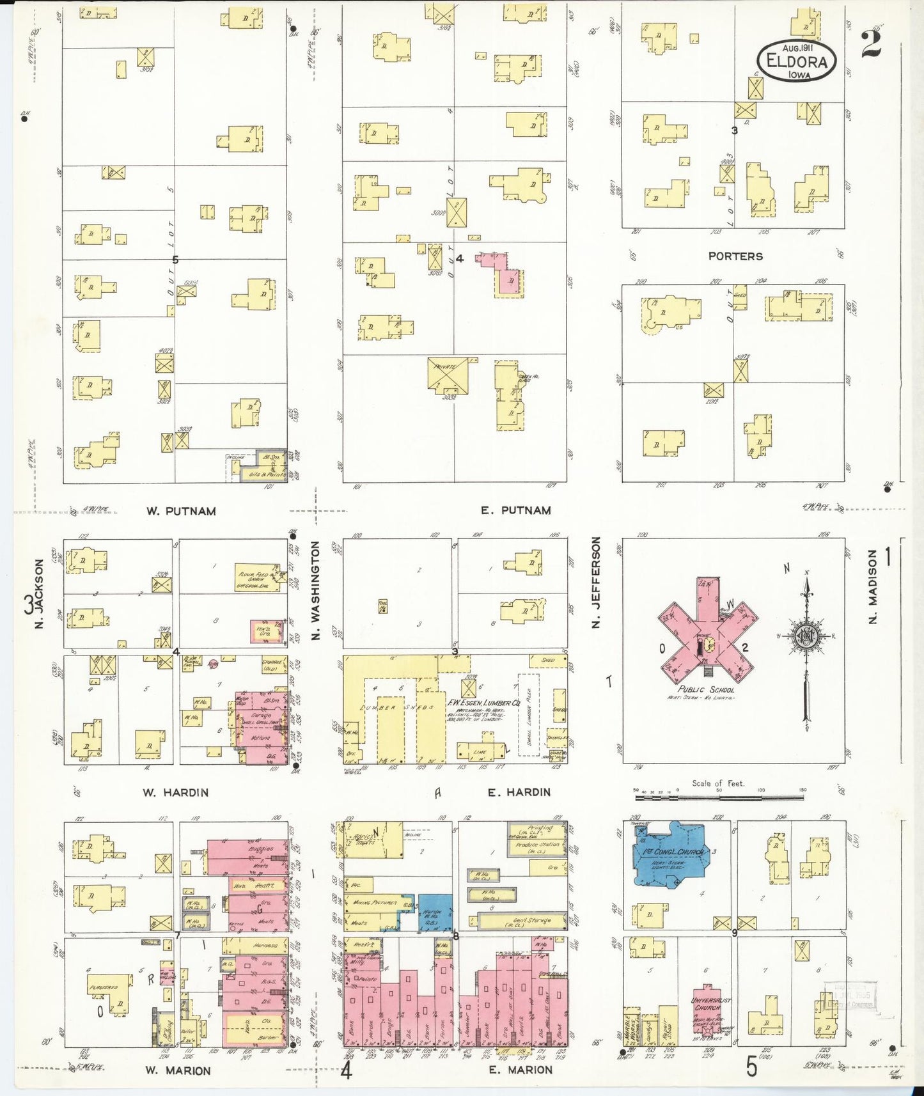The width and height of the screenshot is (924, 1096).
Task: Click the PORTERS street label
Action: [x=735, y=256]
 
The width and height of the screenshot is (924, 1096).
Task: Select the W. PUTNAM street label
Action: [x=181, y=511]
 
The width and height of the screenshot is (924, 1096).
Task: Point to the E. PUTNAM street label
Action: [x=516, y=510]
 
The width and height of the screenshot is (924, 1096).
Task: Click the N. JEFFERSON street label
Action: [x=597, y=582]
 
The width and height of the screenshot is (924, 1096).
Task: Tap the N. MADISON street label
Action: [x=873, y=586]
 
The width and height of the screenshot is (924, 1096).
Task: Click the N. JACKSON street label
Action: [x=39, y=593]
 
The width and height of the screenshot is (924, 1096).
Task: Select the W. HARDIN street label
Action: [x=176, y=792]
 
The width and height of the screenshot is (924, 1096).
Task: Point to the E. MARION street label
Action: [x=520, y=1069]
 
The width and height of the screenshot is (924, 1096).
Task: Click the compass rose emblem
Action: [x=806, y=637]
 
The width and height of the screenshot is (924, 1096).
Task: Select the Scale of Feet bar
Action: [x=719, y=797]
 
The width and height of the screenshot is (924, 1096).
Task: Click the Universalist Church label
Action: [x=710, y=1004]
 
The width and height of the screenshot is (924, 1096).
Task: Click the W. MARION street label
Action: [x=178, y=1070]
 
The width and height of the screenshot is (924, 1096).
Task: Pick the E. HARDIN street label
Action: [x=519, y=792]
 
